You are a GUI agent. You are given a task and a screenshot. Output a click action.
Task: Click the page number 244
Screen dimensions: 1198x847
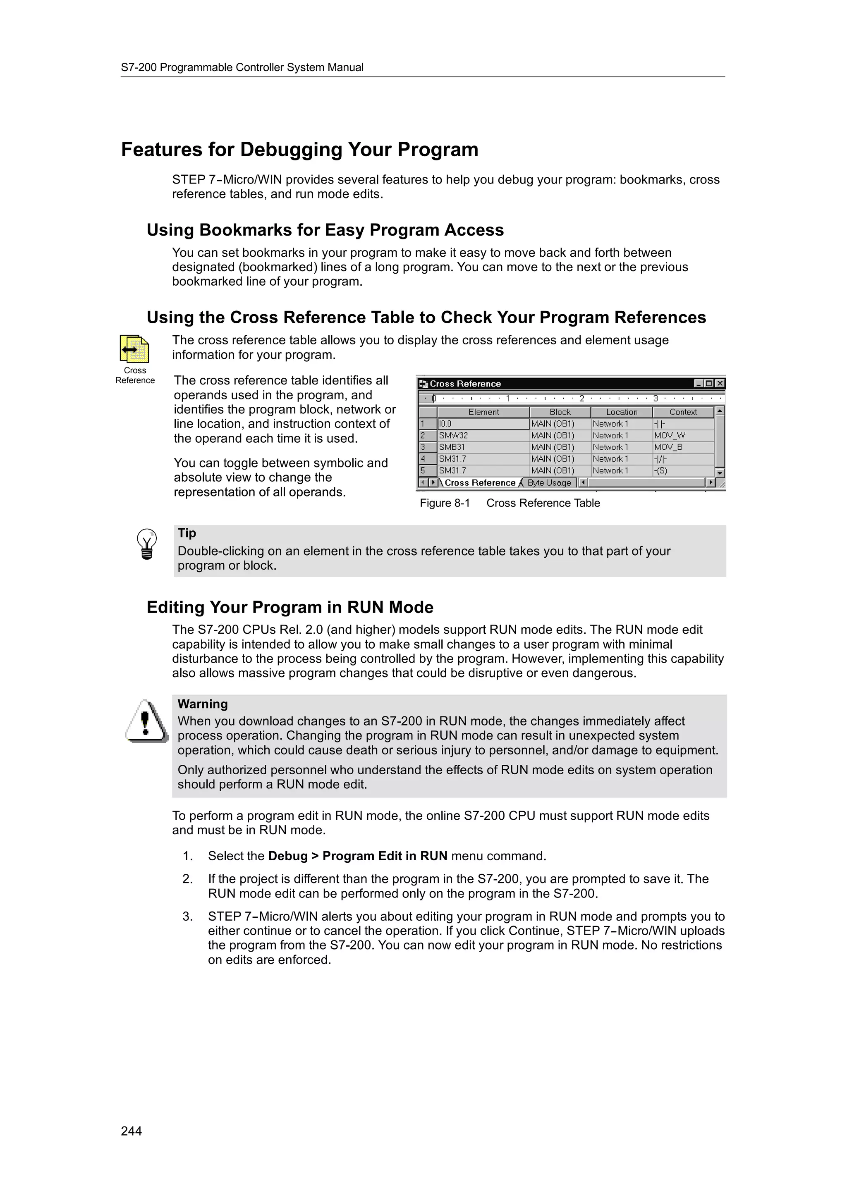pos(131,1131)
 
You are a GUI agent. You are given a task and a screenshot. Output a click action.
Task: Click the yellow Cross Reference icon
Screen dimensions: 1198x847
pos(134,349)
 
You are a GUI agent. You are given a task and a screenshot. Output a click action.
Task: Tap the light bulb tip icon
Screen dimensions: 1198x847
pos(147,544)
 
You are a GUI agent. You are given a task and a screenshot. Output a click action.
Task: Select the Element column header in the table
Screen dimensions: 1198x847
pos(483,412)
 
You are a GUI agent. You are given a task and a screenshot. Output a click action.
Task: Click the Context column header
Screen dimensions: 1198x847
pos(683,412)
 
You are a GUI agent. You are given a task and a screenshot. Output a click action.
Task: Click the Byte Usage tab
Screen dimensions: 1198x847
pos(549,483)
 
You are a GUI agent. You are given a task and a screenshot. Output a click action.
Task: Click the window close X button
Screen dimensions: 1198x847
pos(720,384)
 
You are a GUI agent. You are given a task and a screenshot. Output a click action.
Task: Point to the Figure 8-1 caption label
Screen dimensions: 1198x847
pos(445,503)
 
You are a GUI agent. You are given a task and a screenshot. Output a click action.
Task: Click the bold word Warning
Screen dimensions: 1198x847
pos(203,704)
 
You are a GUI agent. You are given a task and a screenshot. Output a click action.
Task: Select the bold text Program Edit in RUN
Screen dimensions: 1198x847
pos(385,856)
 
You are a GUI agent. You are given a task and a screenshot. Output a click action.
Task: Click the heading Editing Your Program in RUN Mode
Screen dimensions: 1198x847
pos(290,607)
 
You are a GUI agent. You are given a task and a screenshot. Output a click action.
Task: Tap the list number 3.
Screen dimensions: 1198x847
pos(187,916)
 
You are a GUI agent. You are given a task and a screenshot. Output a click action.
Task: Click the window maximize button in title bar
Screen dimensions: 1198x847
pos(709,384)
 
